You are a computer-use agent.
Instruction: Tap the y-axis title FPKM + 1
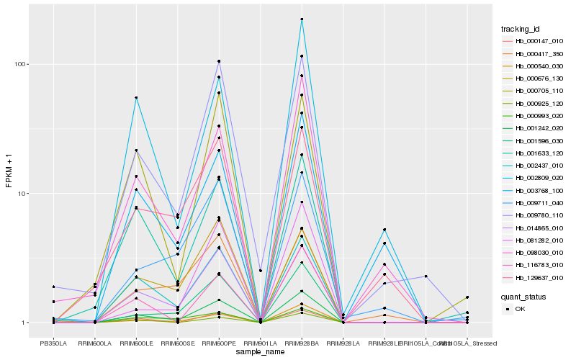(x=9, y=170)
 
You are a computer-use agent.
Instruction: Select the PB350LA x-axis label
(x=53, y=344)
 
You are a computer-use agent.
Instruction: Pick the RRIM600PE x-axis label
(x=219, y=344)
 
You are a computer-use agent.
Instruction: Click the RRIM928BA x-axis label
(x=302, y=344)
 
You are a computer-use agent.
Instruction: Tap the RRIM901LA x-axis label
(x=260, y=344)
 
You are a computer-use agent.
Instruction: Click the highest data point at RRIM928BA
(x=302, y=19)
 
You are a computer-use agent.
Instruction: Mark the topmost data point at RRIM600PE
(x=219, y=61)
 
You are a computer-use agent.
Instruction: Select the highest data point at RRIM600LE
(x=136, y=98)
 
